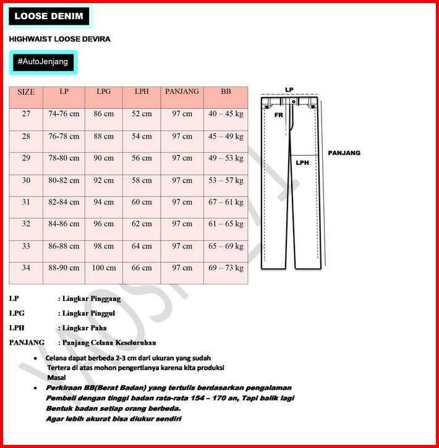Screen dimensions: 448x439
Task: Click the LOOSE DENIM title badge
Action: (49, 17)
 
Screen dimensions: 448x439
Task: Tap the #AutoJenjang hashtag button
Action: (43, 62)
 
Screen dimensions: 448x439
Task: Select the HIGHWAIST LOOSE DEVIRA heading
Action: (60, 39)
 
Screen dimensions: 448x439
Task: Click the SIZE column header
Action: (26, 92)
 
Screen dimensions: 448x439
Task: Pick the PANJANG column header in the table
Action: (182, 91)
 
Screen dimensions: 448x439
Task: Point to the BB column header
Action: (226, 91)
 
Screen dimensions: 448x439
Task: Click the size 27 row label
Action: (26, 114)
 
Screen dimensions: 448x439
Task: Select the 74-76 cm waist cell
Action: (64, 114)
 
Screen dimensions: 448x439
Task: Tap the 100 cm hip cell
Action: (104, 268)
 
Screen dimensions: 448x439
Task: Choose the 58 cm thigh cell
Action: (142, 180)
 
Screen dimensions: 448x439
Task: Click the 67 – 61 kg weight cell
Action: (226, 202)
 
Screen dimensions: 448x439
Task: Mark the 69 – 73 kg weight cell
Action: (226, 268)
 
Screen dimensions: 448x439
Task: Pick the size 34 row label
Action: (26, 268)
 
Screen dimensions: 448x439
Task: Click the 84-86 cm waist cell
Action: (64, 224)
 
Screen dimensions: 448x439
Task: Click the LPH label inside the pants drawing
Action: (302, 163)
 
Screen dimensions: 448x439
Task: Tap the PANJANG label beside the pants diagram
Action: (344, 153)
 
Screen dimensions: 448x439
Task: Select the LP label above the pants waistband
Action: (289, 90)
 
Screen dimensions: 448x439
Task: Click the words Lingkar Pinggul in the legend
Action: (92, 313)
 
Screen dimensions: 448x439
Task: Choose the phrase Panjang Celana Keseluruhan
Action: (109, 342)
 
